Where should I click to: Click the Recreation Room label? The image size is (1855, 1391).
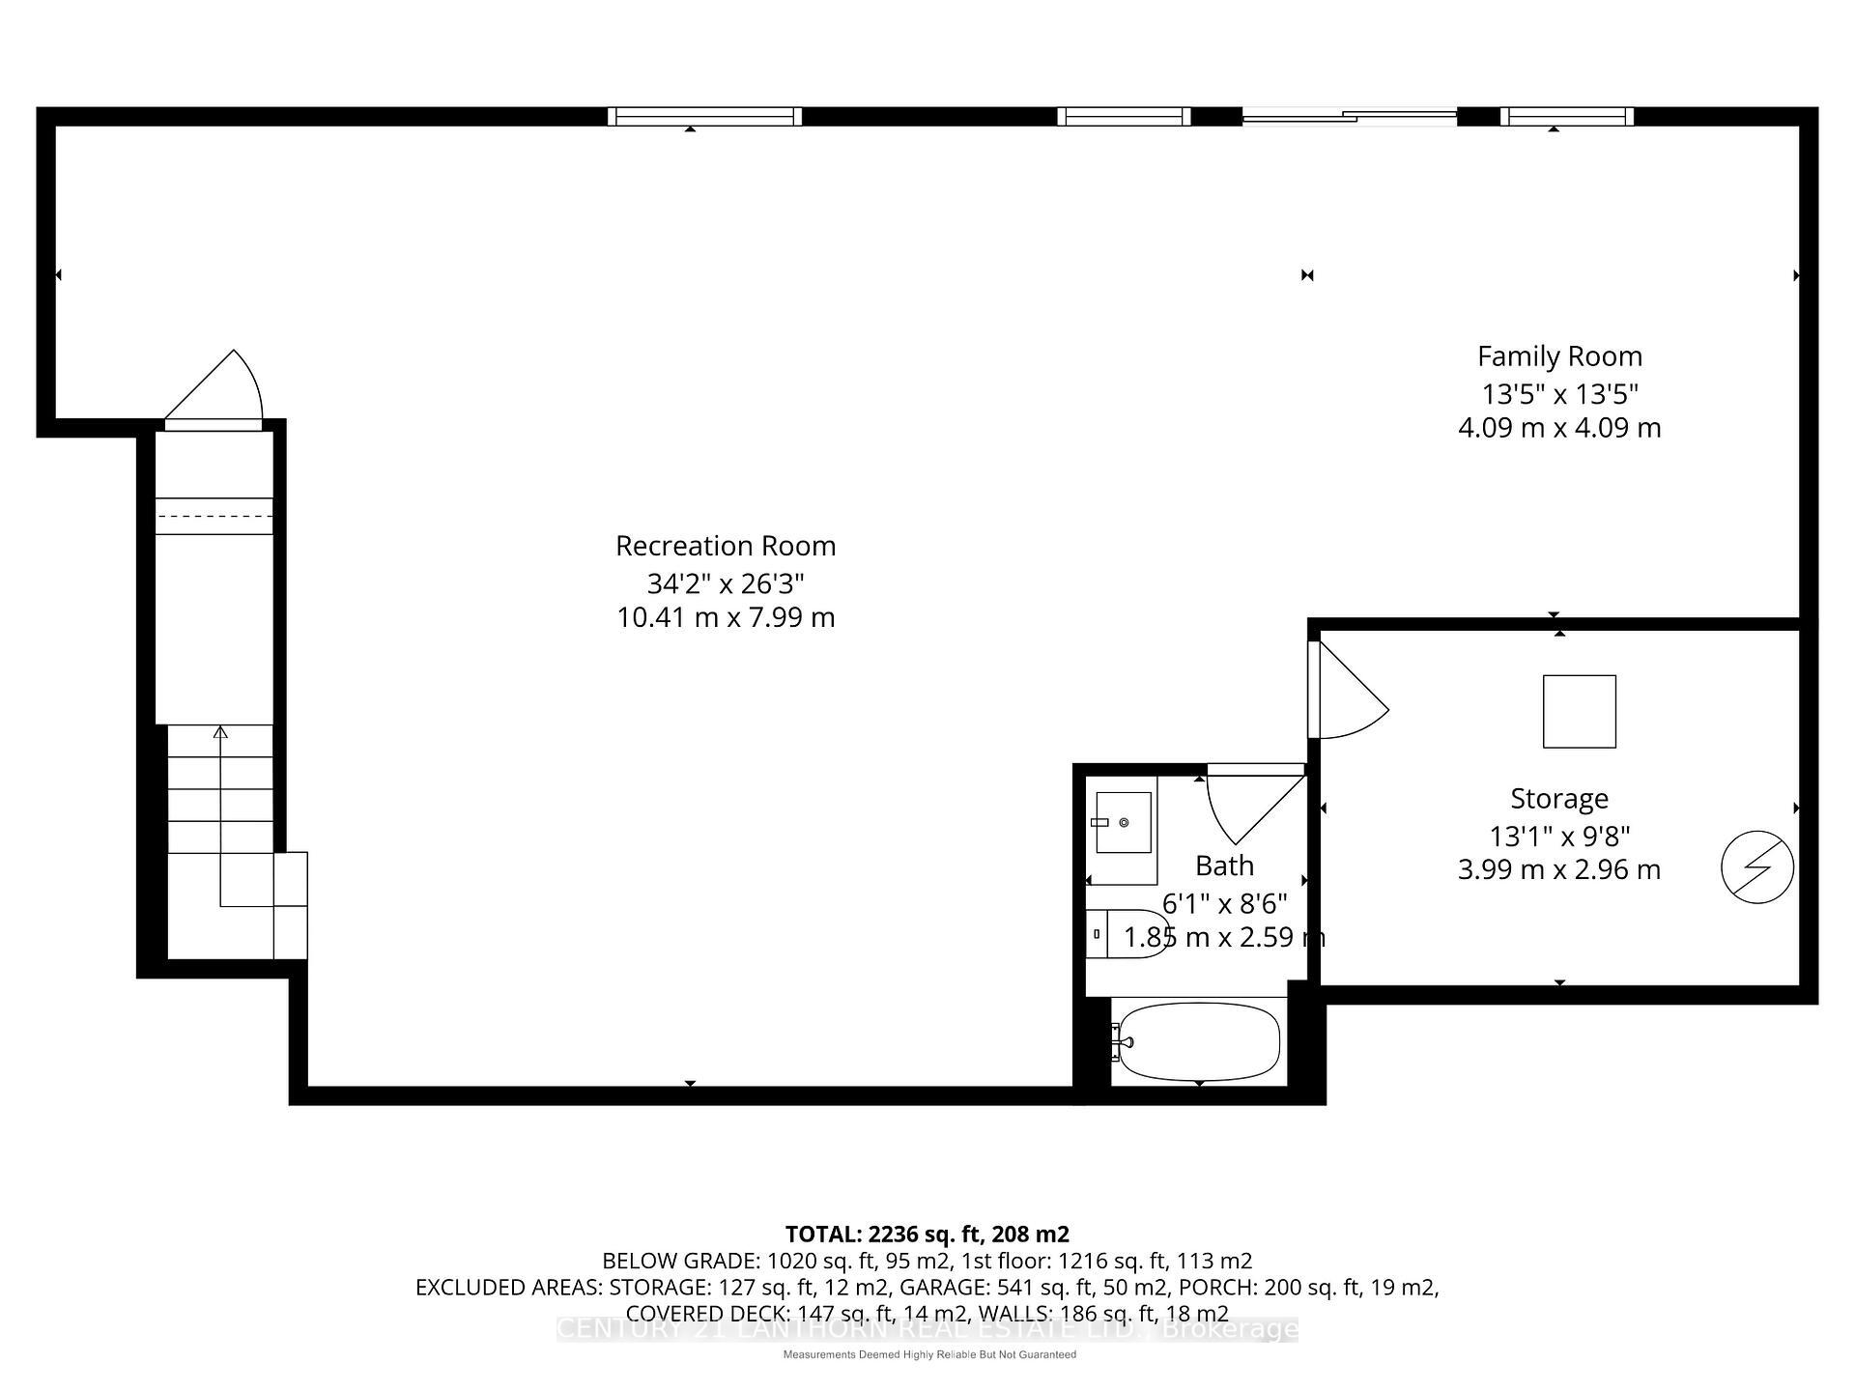(726, 546)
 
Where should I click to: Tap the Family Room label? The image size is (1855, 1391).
(1559, 356)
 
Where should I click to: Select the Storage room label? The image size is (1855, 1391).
(1558, 799)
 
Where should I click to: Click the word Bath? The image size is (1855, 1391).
(1224, 866)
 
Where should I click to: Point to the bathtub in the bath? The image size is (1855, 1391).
(1198, 1041)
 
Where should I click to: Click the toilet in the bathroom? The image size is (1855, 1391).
(1126, 934)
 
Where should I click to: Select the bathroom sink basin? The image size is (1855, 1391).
(1124, 822)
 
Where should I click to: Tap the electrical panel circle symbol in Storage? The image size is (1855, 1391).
(1757, 867)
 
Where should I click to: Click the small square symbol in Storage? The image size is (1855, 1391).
(1579, 712)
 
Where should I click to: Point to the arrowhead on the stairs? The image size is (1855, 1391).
(220, 732)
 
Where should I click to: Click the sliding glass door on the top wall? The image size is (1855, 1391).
(1349, 117)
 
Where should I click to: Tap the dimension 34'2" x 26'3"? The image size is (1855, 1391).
(726, 583)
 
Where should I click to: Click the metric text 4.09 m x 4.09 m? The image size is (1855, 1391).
(1559, 428)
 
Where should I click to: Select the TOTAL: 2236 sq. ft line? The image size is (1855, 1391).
(927, 1234)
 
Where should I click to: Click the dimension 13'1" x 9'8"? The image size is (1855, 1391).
(1558, 836)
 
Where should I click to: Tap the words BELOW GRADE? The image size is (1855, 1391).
(679, 1261)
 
